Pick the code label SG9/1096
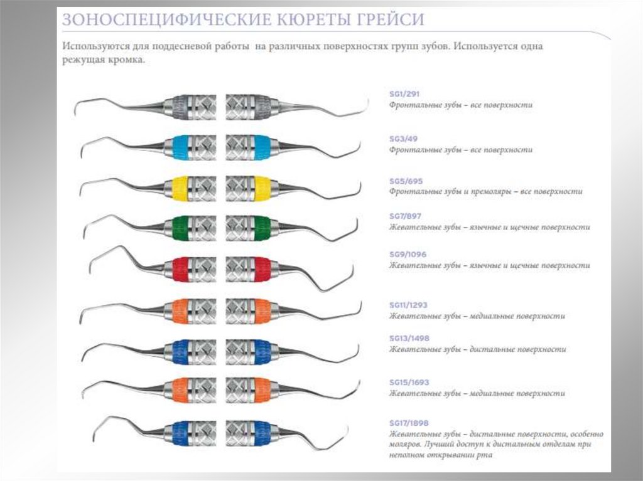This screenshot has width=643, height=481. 409,255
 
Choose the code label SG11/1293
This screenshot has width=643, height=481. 409,305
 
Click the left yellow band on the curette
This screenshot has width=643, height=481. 180,186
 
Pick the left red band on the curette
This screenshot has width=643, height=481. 180,268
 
